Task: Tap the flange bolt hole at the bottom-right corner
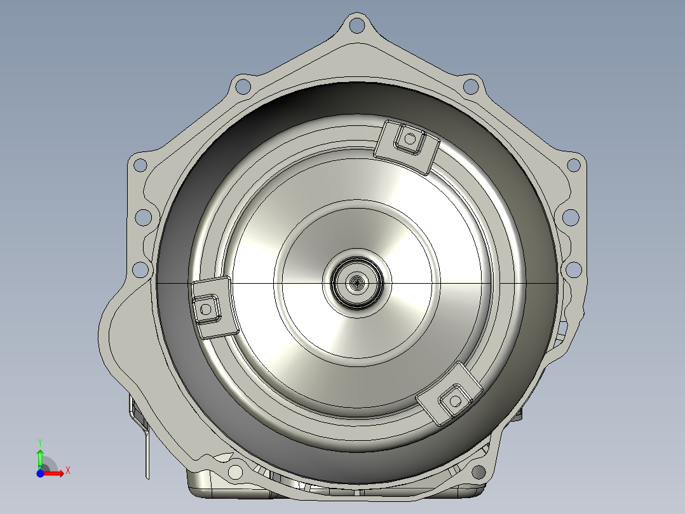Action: tap(478, 472)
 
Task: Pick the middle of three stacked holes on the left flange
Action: tap(144, 216)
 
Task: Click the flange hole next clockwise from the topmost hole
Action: tap(471, 86)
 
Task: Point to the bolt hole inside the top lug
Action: tap(410, 138)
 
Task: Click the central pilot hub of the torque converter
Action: tap(357, 283)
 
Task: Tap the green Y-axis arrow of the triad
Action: tap(40, 457)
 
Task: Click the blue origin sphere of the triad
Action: tap(40, 473)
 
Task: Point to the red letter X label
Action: tap(67, 471)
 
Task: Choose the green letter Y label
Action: tap(39, 441)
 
